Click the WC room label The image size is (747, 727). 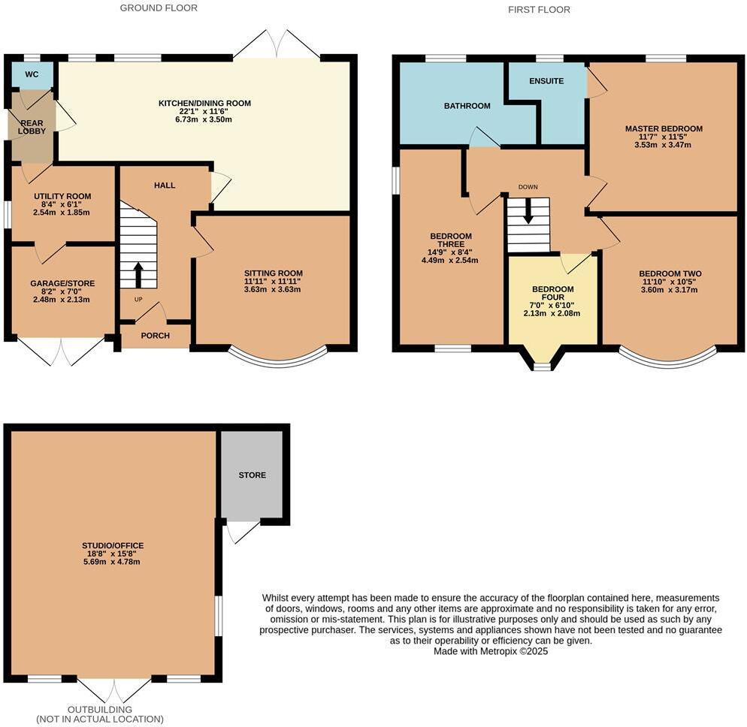(x=32, y=74)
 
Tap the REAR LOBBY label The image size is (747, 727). (x=32, y=126)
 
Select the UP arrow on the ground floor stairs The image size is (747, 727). (x=138, y=274)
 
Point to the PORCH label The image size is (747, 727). (x=156, y=336)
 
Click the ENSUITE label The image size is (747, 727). (x=546, y=81)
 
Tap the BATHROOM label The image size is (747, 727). (x=467, y=106)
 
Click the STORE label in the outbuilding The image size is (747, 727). (x=252, y=475)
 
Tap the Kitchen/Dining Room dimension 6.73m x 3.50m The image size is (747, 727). (x=204, y=120)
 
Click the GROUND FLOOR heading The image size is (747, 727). (x=159, y=8)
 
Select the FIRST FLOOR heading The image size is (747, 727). (x=539, y=10)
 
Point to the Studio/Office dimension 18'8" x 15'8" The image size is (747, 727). (x=113, y=554)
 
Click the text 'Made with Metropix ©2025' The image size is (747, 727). (x=491, y=652)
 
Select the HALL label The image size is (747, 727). (x=165, y=185)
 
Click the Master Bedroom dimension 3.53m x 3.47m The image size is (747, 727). (x=664, y=145)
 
